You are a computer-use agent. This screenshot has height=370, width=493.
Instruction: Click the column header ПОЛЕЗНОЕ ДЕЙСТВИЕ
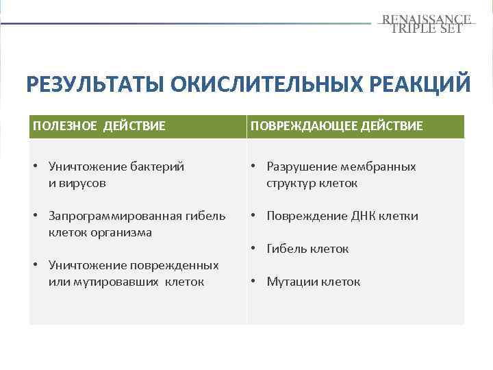99,126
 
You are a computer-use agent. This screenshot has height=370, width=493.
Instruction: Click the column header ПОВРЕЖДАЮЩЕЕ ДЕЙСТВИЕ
336,126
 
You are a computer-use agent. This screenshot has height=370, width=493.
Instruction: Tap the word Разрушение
296,166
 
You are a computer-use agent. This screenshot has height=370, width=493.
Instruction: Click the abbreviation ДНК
362,216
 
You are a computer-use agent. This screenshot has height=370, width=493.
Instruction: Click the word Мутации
292,282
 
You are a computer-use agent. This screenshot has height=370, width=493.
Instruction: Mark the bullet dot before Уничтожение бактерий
36,166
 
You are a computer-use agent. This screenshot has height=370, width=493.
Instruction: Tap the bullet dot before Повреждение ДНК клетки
254,216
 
